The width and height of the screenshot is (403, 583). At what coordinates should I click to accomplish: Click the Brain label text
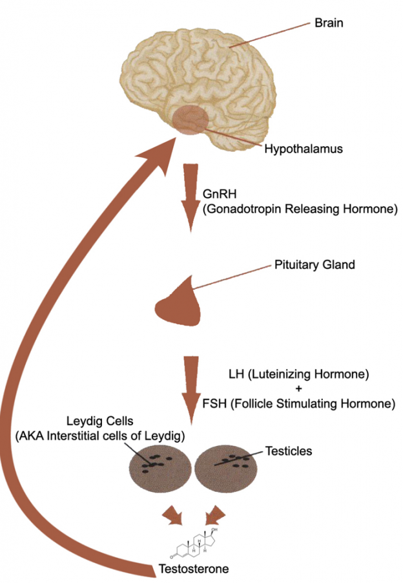click(x=328, y=23)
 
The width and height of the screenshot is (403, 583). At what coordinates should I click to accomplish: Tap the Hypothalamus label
click(x=303, y=149)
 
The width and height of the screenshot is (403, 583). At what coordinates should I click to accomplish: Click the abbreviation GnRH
click(x=216, y=195)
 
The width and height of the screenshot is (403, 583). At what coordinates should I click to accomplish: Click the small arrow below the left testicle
click(x=175, y=516)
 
